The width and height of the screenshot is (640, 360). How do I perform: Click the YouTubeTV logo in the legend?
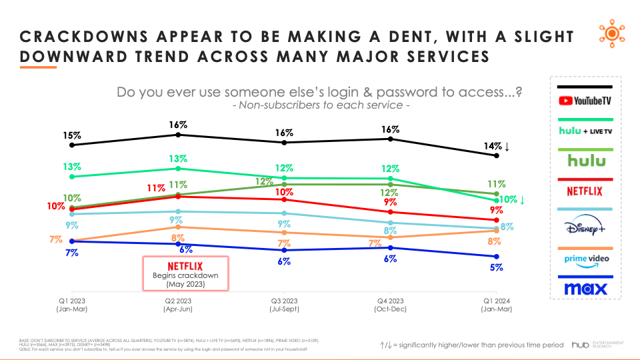[584, 101]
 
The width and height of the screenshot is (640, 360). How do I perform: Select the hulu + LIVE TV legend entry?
[584, 131]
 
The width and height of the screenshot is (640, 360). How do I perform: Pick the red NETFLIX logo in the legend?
[584, 191]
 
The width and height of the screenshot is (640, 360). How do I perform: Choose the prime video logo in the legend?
[584, 259]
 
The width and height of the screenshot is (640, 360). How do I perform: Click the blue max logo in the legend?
[584, 289]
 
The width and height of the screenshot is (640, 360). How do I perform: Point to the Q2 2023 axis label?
[177, 304]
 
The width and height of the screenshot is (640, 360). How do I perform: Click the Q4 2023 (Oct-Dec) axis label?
[391, 304]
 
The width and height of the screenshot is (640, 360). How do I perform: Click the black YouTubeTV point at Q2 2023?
[178, 135]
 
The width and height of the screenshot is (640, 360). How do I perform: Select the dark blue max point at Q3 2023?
[285, 250]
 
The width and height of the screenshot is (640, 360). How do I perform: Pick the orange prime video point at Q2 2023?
[178, 227]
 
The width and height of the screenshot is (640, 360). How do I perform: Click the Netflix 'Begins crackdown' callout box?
[186, 273]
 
